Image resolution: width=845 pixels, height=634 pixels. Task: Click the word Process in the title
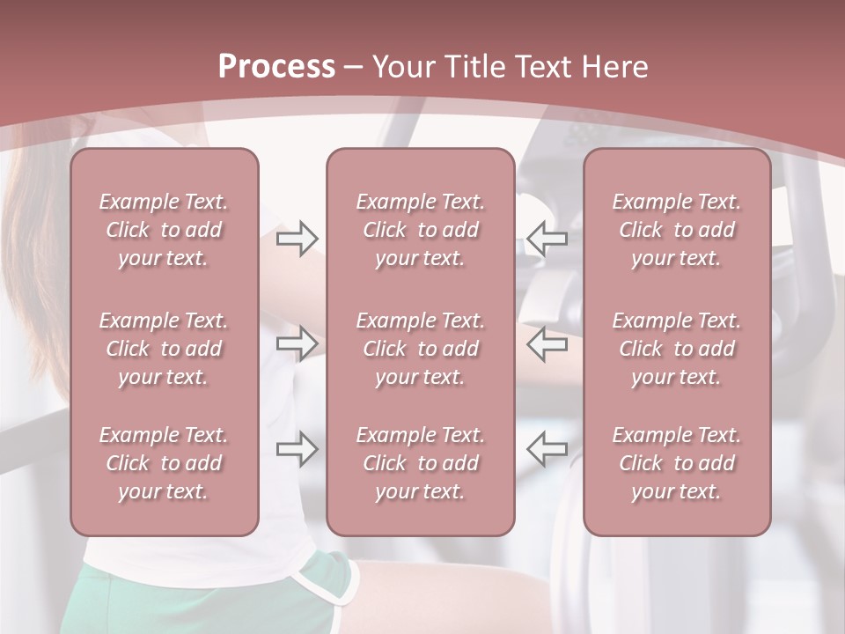point(276,67)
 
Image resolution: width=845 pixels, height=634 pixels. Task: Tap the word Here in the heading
point(614,67)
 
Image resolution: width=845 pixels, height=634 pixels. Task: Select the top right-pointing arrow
point(298,239)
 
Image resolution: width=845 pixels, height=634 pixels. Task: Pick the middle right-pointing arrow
point(298,343)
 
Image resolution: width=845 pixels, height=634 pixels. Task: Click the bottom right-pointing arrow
point(298,449)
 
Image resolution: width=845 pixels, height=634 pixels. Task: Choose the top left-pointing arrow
point(547,237)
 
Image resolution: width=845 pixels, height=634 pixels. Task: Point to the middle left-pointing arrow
point(547,343)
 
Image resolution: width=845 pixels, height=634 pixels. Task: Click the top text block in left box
point(164,230)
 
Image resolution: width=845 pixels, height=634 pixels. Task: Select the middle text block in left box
point(164,349)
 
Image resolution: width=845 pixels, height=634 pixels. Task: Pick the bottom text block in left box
point(164,463)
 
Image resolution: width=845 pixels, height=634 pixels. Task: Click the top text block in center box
point(421,230)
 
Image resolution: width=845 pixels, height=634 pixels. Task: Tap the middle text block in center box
point(421,349)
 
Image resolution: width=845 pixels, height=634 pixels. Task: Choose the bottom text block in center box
point(421,463)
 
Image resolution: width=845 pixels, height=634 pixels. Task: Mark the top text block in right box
point(677,230)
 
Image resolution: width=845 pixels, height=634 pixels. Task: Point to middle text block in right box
point(677,349)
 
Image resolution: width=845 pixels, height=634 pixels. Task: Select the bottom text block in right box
point(677,463)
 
